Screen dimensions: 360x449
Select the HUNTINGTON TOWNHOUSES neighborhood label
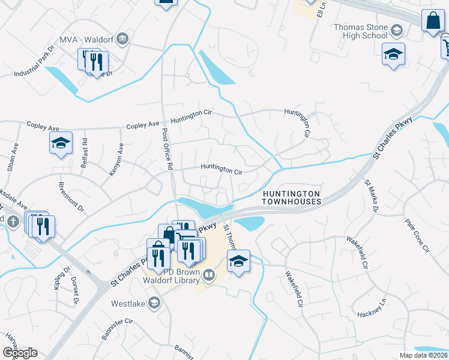(x=292, y=197)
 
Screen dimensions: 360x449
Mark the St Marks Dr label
(x=371, y=194)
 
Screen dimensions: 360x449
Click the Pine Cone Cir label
(x=418, y=235)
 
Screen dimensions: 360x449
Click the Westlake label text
(x=128, y=304)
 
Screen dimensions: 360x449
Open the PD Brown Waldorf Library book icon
(x=209, y=275)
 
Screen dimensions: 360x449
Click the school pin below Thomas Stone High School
(x=393, y=55)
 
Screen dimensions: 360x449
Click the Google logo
(x=20, y=353)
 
